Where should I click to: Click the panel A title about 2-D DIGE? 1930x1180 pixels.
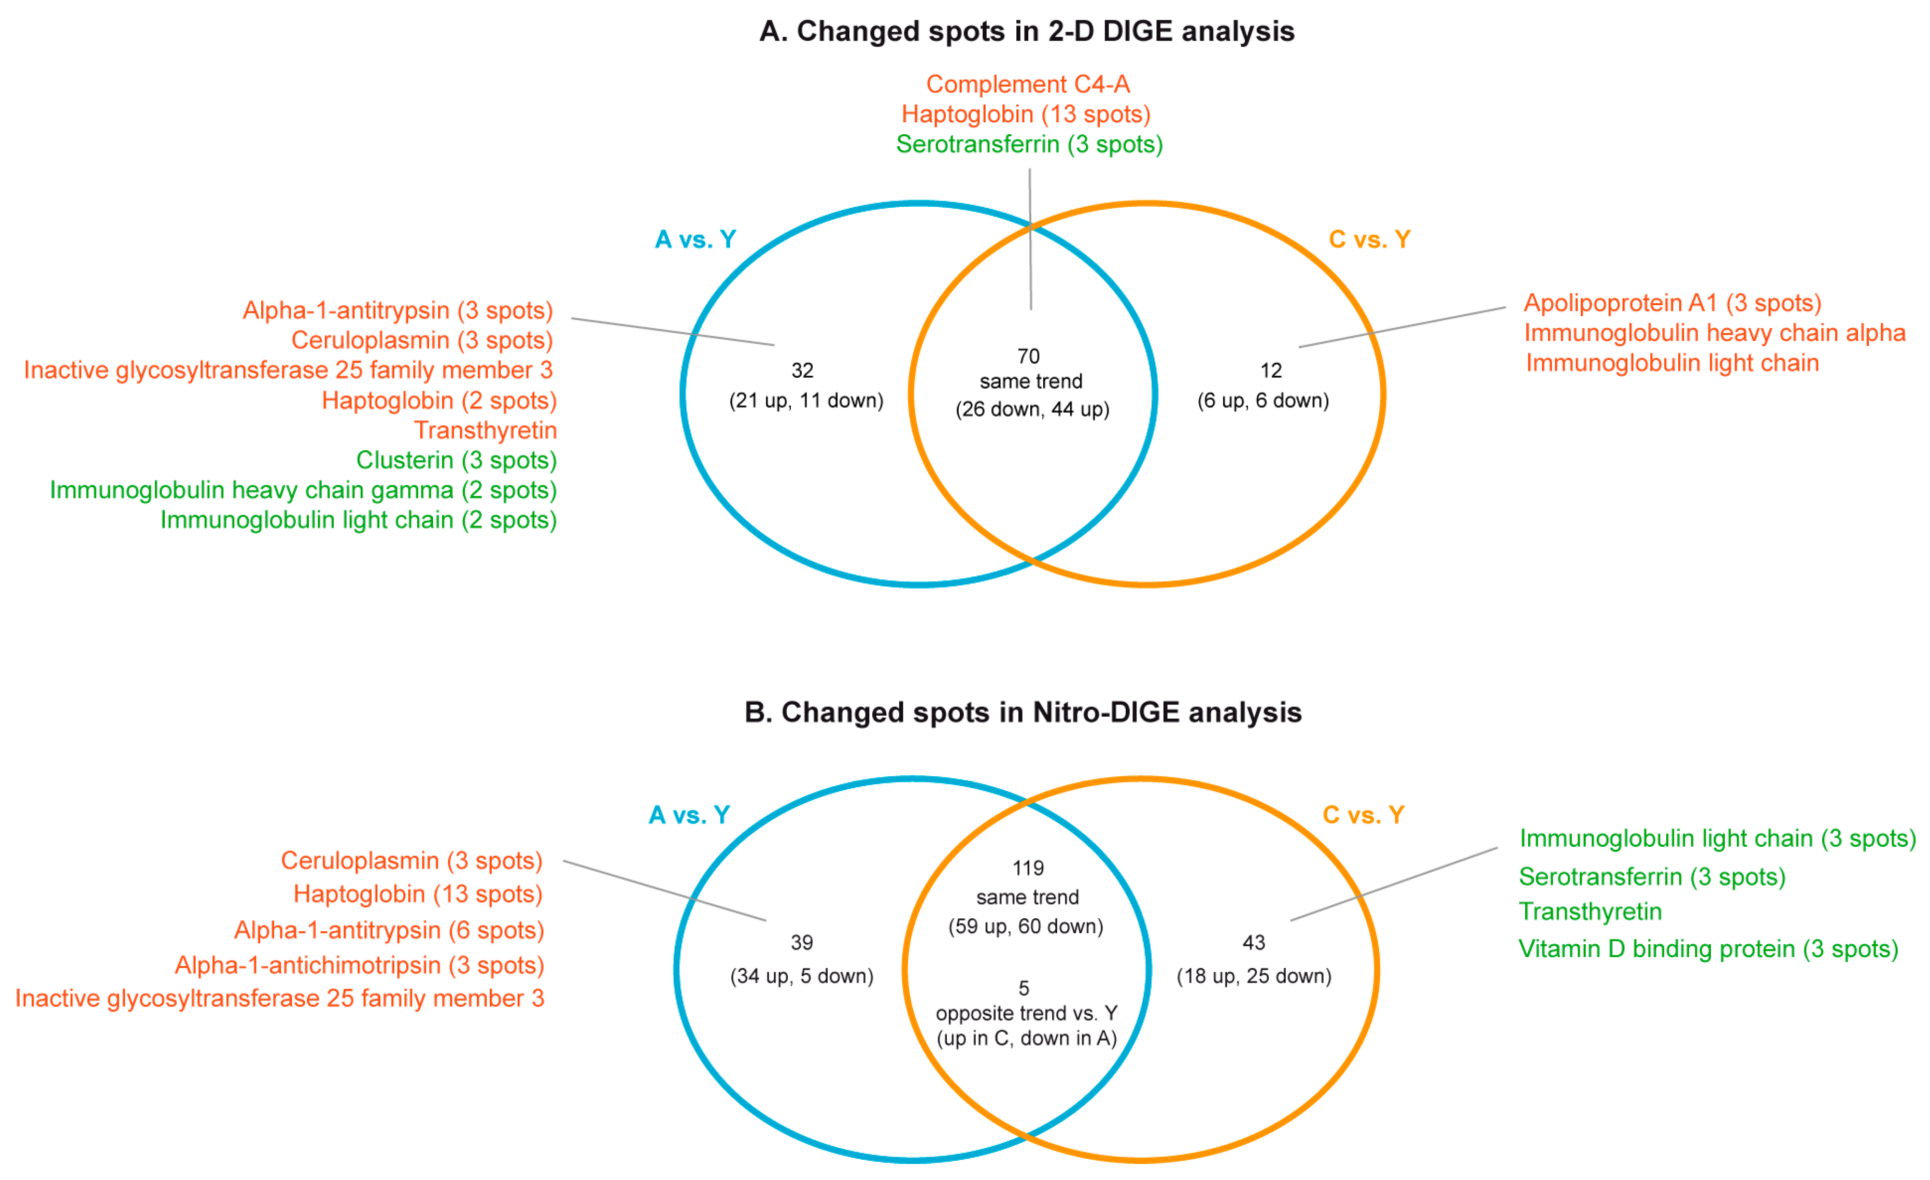pyautogui.click(x=1026, y=31)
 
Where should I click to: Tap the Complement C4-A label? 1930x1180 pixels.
pyautogui.click(x=1028, y=84)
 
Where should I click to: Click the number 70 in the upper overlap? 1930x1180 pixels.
pyautogui.click(x=1028, y=356)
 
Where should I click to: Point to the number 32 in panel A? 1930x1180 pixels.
pyautogui.click(x=802, y=371)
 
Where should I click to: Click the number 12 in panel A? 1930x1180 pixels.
pyautogui.click(x=1270, y=371)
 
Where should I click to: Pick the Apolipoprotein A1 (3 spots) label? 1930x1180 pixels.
pyautogui.click(x=1672, y=303)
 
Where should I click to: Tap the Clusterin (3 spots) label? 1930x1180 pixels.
pyautogui.click(x=456, y=460)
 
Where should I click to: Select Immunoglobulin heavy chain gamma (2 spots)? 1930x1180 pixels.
pyautogui.click(x=303, y=490)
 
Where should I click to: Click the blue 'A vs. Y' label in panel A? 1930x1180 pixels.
pyautogui.click(x=696, y=239)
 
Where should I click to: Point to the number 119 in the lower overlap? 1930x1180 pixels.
pyautogui.click(x=1028, y=868)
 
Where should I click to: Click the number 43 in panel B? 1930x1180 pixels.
pyautogui.click(x=1253, y=942)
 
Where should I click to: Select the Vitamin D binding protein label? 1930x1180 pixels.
pyautogui.click(x=1708, y=949)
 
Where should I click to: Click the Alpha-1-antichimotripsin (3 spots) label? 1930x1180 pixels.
pyautogui.click(x=359, y=964)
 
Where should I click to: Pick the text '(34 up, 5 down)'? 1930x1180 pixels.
pyautogui.click(x=801, y=976)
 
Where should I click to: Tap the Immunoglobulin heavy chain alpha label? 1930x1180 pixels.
pyautogui.click(x=1714, y=333)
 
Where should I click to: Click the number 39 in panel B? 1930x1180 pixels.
pyautogui.click(x=801, y=942)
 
